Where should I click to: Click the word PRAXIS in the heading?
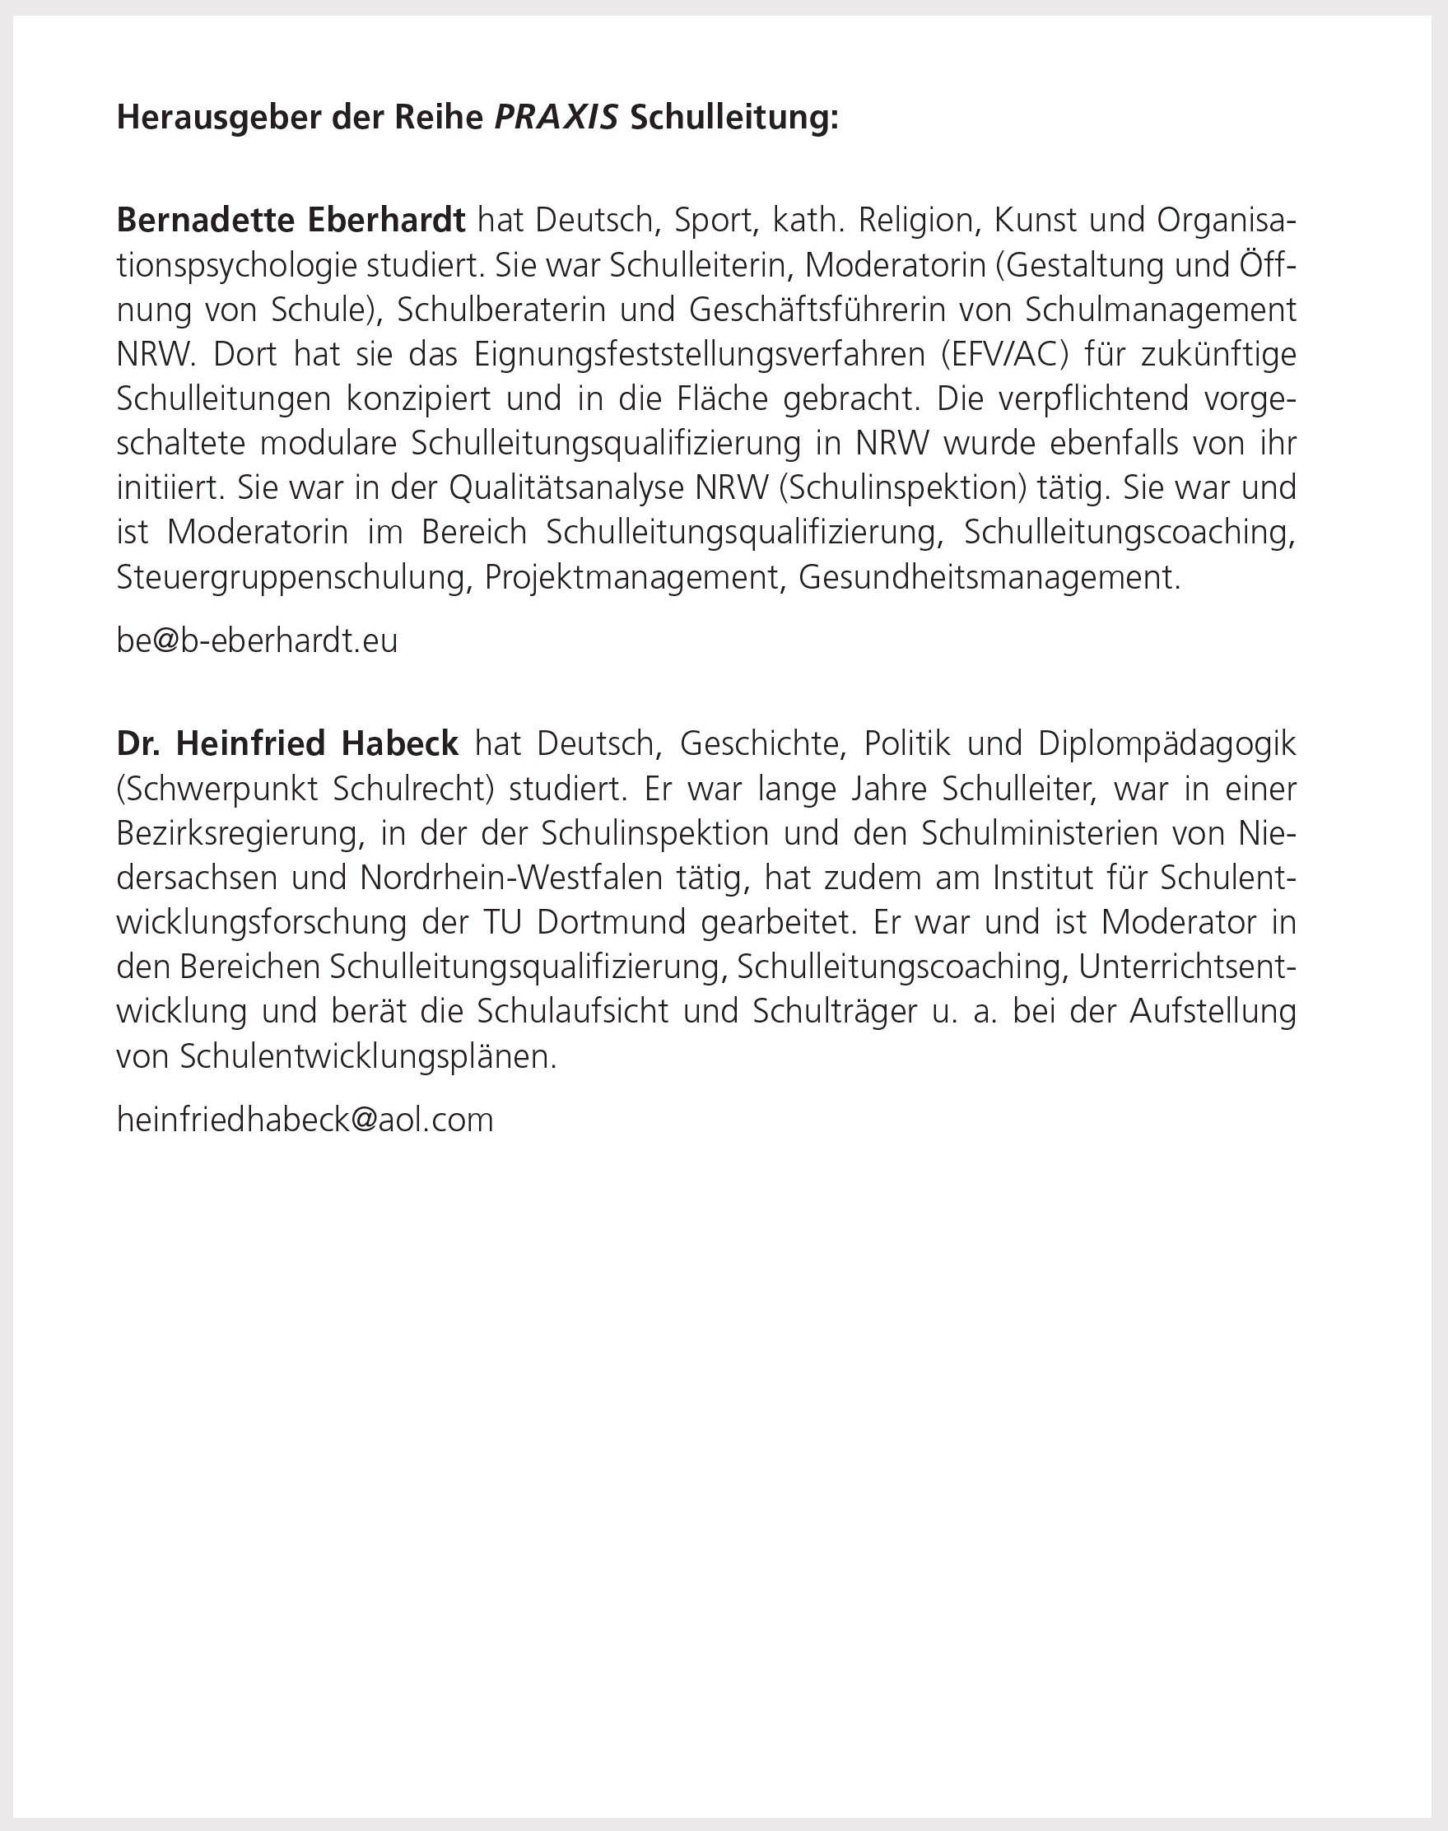pos(556,118)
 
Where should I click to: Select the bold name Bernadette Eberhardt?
pos(291,221)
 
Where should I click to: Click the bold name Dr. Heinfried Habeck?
pos(287,743)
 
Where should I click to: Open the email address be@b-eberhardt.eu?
pos(257,641)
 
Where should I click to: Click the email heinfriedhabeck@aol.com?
pos(305,1120)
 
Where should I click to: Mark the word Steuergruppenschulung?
pos(293,577)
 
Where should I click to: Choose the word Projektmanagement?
pos(631,577)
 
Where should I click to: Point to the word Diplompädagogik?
pos(1166,743)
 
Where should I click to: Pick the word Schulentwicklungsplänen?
pos(368,1056)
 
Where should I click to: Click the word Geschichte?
pos(763,743)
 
